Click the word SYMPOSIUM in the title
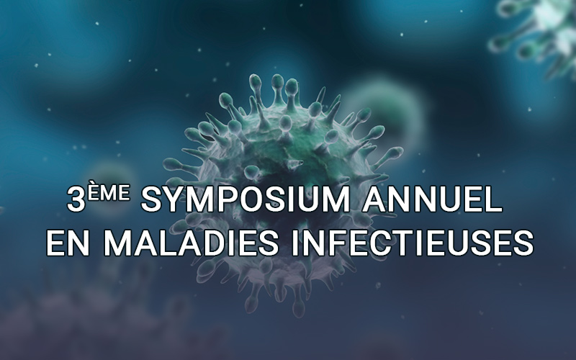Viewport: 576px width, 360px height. click(x=246, y=199)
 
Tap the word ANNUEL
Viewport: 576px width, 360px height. click(x=433, y=199)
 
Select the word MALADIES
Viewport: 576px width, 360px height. click(x=191, y=243)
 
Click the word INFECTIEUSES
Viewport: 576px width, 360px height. click(x=412, y=243)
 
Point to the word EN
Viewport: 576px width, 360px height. click(x=68, y=243)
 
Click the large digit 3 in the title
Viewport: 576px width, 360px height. click(x=76, y=199)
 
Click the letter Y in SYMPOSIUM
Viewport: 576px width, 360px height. click(x=176, y=199)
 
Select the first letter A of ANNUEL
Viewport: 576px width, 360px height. click(x=374, y=199)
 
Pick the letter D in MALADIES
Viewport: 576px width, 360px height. click(x=220, y=243)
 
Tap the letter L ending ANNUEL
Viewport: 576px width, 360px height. click(x=493, y=199)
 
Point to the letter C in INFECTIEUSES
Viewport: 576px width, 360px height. click(x=382, y=243)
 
